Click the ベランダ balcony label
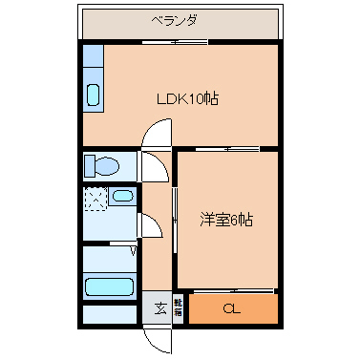coord(175,20)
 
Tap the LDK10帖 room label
coord(181,98)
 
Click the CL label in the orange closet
coord(232,308)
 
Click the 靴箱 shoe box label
coord(178,308)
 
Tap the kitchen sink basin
coord(95,95)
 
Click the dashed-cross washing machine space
coord(95,199)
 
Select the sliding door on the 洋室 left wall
coord(175,220)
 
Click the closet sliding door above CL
coord(232,290)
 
